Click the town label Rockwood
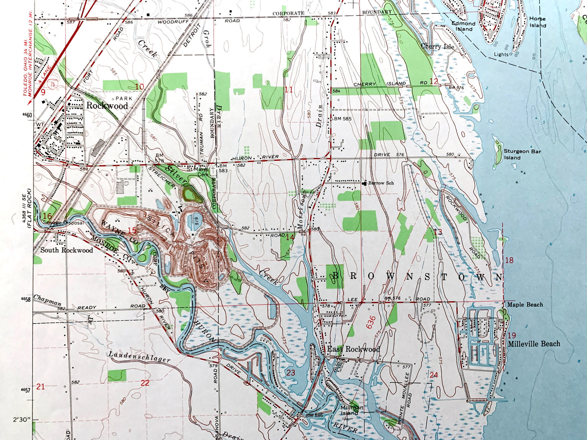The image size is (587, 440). pos(107,106)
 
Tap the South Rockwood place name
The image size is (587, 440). pos(67,250)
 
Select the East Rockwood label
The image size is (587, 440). pos(353,349)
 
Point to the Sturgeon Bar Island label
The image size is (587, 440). pos(522,154)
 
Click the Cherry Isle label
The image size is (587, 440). pos(437,46)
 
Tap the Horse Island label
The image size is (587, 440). pos(537,22)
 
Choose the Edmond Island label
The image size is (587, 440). pos(464,26)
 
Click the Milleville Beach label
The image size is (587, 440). pos(534,344)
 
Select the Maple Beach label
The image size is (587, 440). pos(525,304)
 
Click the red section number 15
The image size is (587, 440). pos(132,231)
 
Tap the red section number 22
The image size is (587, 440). pos(145,382)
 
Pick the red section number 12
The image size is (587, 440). pos(434,81)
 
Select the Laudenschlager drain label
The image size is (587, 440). pos(139,357)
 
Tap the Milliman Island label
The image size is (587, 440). pos(350,410)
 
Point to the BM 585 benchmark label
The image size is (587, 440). pos(342,119)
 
